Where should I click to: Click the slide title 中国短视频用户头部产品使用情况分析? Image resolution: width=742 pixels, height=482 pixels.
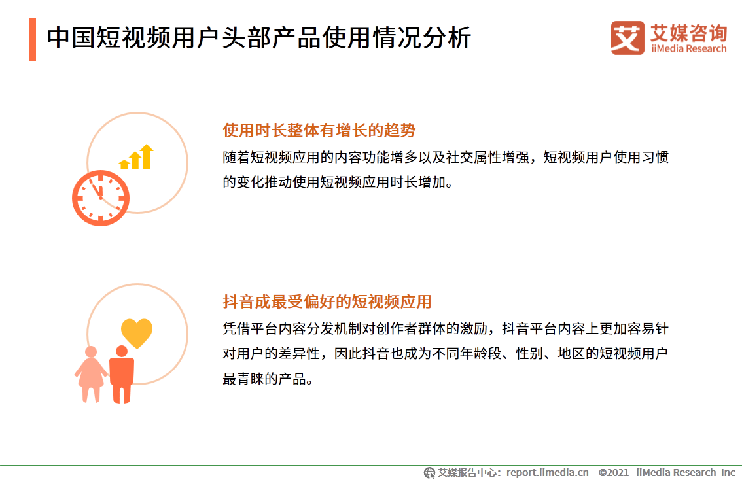258,39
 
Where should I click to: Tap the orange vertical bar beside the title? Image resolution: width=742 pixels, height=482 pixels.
33,39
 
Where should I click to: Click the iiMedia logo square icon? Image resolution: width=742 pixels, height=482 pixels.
627,39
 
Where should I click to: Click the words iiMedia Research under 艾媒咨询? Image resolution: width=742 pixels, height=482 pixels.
688,48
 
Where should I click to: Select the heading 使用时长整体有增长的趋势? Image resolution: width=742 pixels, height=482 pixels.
319,130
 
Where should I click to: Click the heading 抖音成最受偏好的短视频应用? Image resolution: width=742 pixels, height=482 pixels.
327,302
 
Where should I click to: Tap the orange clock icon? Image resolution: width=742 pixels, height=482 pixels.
100,198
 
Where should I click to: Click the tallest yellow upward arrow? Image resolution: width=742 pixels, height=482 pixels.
147,156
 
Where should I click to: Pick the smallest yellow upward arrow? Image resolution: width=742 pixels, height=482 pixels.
124,164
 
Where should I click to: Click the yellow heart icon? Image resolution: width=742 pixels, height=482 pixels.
137,333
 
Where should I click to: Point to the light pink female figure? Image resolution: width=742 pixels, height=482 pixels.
91,374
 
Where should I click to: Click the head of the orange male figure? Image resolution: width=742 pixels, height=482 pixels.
122,351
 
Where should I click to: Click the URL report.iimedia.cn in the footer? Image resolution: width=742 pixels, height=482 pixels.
548,472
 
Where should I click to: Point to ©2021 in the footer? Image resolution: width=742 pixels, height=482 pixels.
613,472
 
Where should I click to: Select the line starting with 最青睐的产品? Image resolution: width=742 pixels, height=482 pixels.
268,379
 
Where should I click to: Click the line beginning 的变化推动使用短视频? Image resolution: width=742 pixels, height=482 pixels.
338,182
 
